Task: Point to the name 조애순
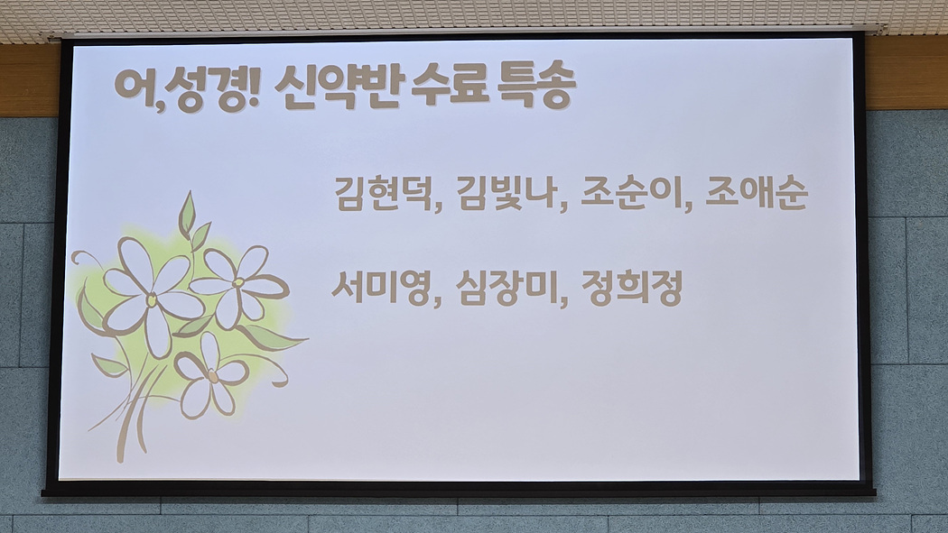point(757,193)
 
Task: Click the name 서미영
point(381,288)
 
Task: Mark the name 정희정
point(632,288)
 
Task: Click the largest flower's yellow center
point(151,299)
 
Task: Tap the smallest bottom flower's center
point(212,377)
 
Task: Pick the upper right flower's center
point(238,282)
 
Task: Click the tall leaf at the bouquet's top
point(187,214)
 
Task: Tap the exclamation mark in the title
point(254,88)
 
